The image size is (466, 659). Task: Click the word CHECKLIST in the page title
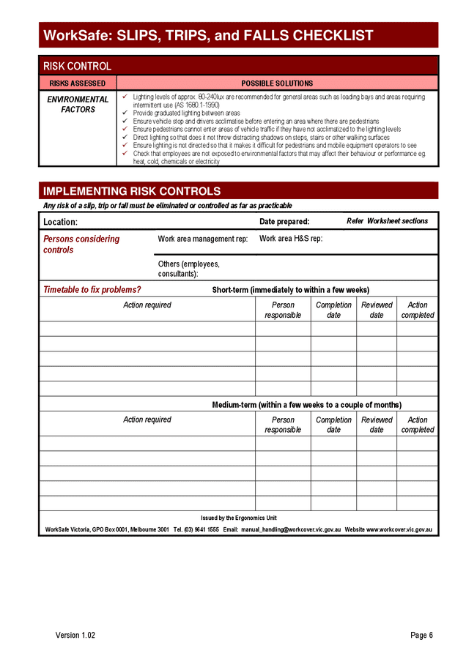[x=333, y=35]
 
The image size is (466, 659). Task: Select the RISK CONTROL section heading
[x=78, y=67]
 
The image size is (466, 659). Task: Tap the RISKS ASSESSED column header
[x=78, y=83]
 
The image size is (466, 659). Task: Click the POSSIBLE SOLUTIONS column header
[x=277, y=83]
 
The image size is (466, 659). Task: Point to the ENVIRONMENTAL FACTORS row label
[x=78, y=105]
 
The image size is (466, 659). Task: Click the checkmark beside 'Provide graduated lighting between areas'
[x=125, y=113]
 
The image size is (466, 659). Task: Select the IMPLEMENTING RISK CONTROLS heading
[x=132, y=191]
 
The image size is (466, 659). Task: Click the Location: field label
[x=60, y=222]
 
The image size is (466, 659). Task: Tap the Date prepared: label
[x=284, y=222]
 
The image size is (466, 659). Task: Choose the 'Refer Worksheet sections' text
[x=387, y=221]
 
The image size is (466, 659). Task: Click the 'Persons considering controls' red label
[x=81, y=244]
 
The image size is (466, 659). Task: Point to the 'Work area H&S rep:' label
[x=291, y=239]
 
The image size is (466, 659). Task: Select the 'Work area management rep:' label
[x=203, y=239]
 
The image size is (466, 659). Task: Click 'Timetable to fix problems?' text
[x=92, y=290]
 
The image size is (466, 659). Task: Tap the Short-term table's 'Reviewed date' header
[x=377, y=310]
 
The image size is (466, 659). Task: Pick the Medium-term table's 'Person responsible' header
[x=283, y=425]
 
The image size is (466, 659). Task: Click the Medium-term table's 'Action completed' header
[x=418, y=425]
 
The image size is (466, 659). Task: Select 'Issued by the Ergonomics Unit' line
[x=239, y=518]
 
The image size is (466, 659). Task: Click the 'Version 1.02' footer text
[x=75, y=635]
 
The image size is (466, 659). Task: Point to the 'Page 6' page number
[x=421, y=635]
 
